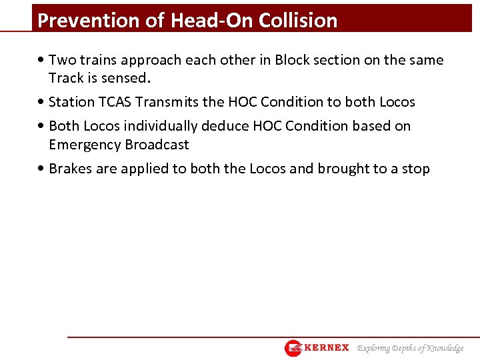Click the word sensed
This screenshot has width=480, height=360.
coord(129,77)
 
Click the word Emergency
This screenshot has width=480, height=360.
coord(81,144)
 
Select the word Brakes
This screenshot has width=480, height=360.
coord(71,169)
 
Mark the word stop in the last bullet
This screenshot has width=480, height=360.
coord(416,169)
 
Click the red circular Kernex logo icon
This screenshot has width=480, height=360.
coord(293,348)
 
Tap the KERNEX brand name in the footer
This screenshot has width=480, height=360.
coord(327,348)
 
